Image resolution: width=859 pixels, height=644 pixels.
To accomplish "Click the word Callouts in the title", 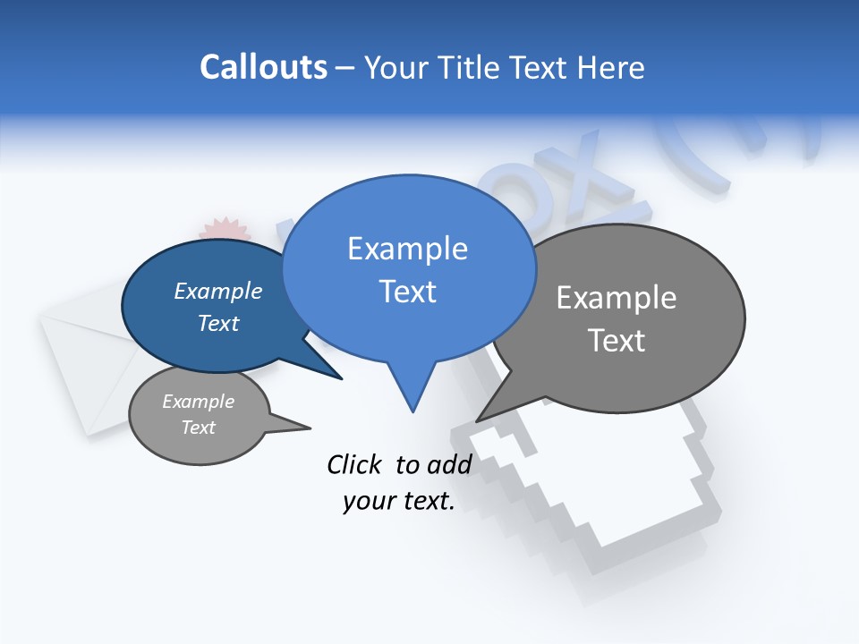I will coord(263,67).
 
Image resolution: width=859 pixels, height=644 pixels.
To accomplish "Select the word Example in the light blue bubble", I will coord(407,249).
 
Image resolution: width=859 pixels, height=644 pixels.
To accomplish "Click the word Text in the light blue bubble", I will coord(407,292).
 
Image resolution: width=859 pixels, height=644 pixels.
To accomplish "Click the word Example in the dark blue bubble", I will coord(218,291).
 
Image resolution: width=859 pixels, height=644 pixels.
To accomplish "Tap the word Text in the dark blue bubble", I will coord(218,323).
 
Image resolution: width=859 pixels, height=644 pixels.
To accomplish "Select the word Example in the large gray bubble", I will coord(617,298).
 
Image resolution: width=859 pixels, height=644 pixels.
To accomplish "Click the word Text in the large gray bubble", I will coord(617,341).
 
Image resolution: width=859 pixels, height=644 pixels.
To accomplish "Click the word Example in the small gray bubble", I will coord(199,402).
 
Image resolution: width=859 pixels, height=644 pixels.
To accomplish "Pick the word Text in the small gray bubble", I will coord(199,428).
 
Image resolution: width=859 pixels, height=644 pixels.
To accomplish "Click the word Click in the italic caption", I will coord(353,464).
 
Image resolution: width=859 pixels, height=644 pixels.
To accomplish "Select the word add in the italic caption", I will coord(449,464).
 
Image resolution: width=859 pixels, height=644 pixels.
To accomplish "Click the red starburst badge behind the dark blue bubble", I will coord(224,229).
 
